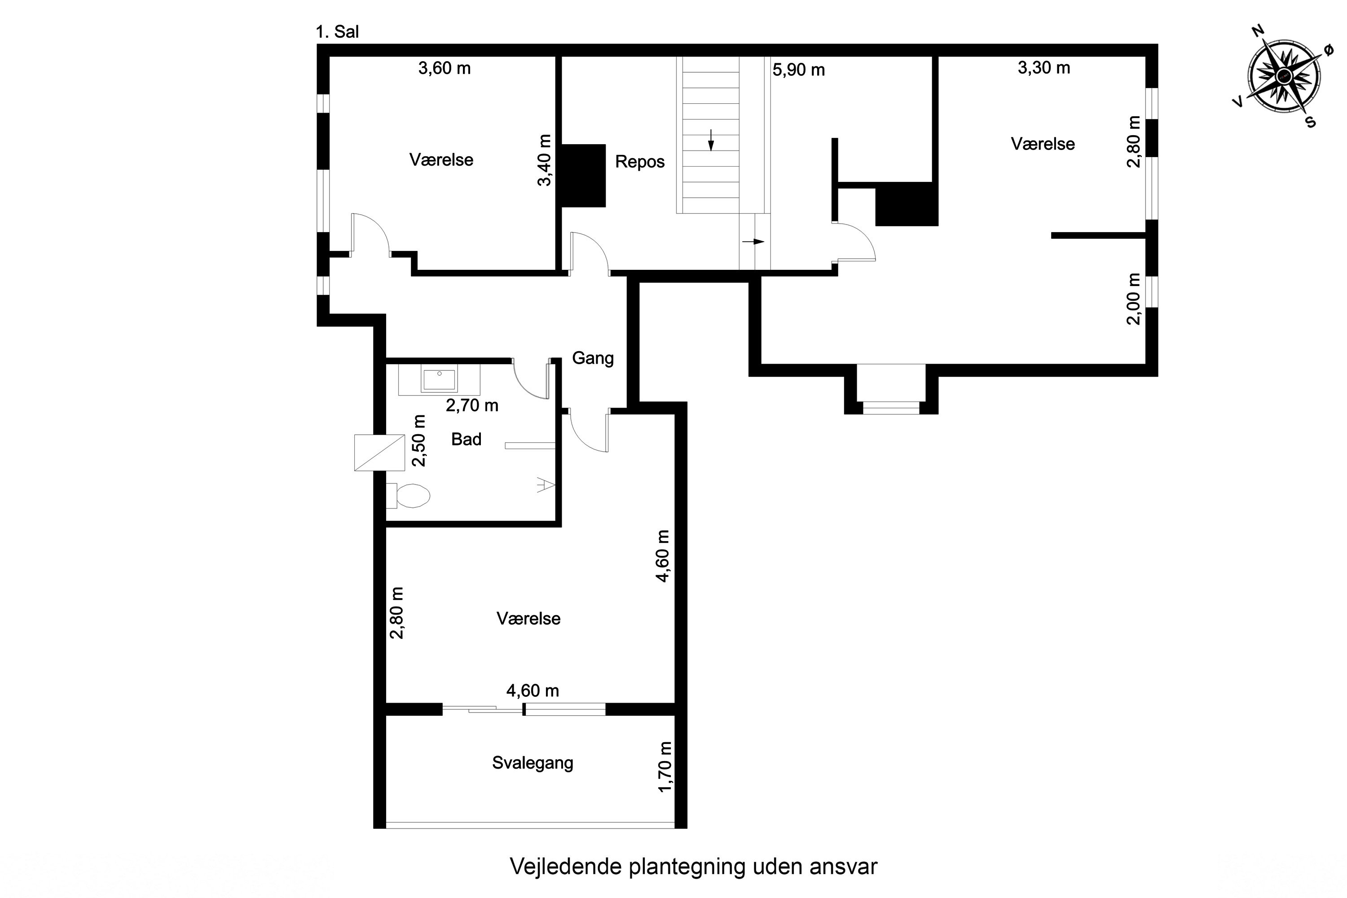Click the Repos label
(640, 162)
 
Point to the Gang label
(593, 358)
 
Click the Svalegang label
(533, 763)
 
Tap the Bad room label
(466, 439)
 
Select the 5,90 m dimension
(799, 70)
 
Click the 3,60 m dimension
(445, 69)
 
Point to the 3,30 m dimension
(1044, 68)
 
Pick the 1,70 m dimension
(665, 767)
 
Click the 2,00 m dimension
(1133, 299)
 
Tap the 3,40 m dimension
(545, 160)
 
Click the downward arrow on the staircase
(711, 140)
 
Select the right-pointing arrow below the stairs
(754, 242)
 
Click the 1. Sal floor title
(337, 32)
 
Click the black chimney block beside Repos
(583, 175)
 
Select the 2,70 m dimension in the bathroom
(472, 405)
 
